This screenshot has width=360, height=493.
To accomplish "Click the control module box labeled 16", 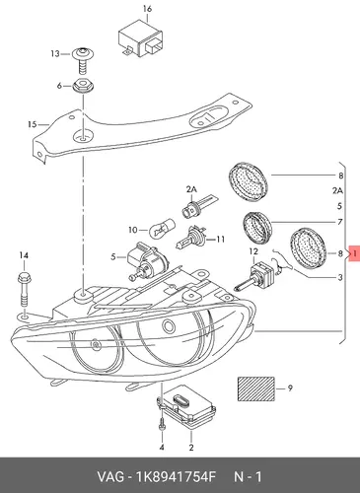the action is pyautogui.click(x=141, y=38).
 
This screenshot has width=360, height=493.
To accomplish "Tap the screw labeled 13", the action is pyautogui.click(x=83, y=60).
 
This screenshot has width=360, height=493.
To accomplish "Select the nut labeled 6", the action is pyautogui.click(x=83, y=87).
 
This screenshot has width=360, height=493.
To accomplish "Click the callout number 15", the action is pyautogui.click(x=32, y=124).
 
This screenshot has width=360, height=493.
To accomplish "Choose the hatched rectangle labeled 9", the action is pyautogui.click(x=256, y=388).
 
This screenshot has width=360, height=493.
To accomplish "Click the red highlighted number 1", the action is pyautogui.click(x=354, y=253).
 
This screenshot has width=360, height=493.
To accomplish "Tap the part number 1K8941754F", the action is pyautogui.click(x=176, y=476).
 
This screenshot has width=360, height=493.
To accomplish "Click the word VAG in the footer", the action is pyautogui.click(x=110, y=476).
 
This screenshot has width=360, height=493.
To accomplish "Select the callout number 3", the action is pyautogui.click(x=340, y=278).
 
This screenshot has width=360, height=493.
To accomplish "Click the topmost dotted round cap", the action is pyautogui.click(x=248, y=180).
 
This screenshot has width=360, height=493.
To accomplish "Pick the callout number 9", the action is pyautogui.click(x=290, y=388).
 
